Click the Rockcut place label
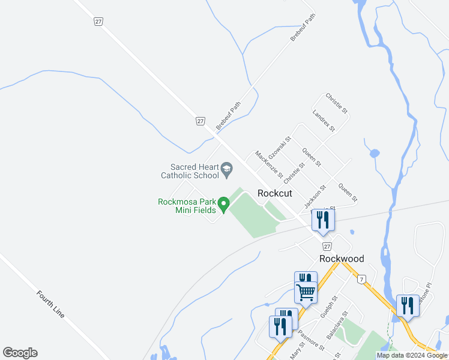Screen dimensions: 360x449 pyautogui.click(x=275, y=193)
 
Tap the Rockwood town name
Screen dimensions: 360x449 pyautogui.click(x=342, y=259)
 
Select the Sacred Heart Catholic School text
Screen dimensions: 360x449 pyautogui.click(x=190, y=172)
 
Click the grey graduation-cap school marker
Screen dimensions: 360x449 pyautogui.click(x=227, y=171)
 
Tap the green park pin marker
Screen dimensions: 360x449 pyautogui.click(x=223, y=205)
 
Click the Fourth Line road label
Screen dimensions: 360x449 pyautogui.click(x=50, y=304)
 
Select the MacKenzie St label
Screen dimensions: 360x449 pyautogui.click(x=268, y=164)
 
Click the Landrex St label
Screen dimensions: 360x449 pyautogui.click(x=324, y=121)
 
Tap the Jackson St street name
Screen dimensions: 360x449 pyautogui.click(x=314, y=197)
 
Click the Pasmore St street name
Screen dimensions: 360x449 pyautogui.click(x=311, y=340)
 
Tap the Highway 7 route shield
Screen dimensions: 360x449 pyautogui.click(x=361, y=280)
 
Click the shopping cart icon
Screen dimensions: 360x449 pyautogui.click(x=306, y=293)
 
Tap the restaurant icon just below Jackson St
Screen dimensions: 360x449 pyautogui.click(x=323, y=220)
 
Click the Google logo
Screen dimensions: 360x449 pyautogui.click(x=20, y=353)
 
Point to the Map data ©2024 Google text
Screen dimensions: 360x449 pyautogui.click(x=412, y=355)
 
